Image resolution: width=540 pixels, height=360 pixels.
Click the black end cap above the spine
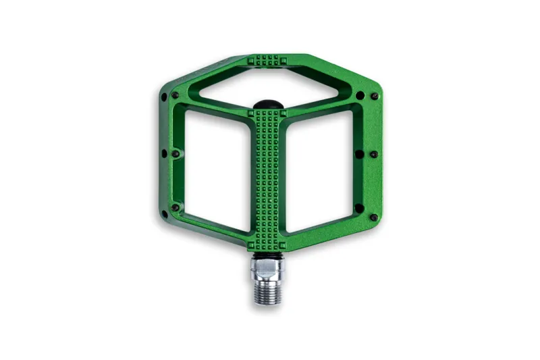271,102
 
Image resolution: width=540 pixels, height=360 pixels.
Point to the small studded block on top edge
271,61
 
